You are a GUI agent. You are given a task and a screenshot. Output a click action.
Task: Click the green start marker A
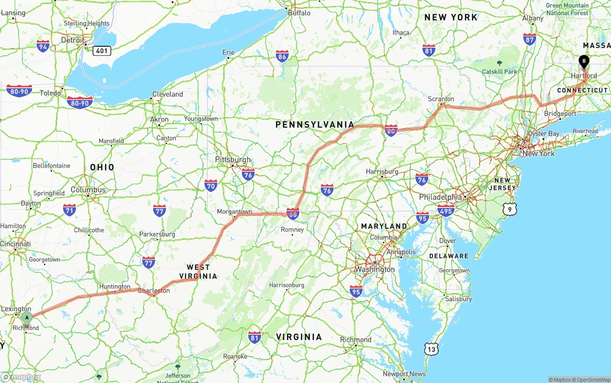[27, 318]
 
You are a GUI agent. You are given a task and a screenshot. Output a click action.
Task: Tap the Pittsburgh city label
[233, 159]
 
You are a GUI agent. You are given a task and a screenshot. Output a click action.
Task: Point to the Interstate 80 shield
[391, 130]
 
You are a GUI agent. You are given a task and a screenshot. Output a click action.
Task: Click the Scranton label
[441, 99]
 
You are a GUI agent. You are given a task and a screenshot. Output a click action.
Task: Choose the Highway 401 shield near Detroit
[102, 51]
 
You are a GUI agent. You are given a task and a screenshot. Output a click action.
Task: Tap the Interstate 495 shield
[446, 209]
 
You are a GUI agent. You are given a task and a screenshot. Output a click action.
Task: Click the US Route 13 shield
[432, 349]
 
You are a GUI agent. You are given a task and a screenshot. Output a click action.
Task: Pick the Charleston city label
[154, 290]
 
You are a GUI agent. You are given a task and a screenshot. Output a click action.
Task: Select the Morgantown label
[234, 211]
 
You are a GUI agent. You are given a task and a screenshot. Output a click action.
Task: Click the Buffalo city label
[299, 13]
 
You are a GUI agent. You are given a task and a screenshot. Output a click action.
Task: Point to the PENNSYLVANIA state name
[315, 124]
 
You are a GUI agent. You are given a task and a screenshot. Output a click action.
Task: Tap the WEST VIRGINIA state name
[198, 271]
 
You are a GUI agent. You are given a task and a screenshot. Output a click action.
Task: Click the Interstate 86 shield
[282, 57]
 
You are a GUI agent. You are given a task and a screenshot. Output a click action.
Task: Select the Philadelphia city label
[441, 197]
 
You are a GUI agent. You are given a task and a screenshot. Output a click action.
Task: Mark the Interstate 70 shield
[211, 185]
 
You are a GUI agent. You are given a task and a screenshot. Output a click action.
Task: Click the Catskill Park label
[499, 72]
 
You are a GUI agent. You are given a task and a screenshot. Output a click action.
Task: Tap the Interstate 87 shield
[529, 39]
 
